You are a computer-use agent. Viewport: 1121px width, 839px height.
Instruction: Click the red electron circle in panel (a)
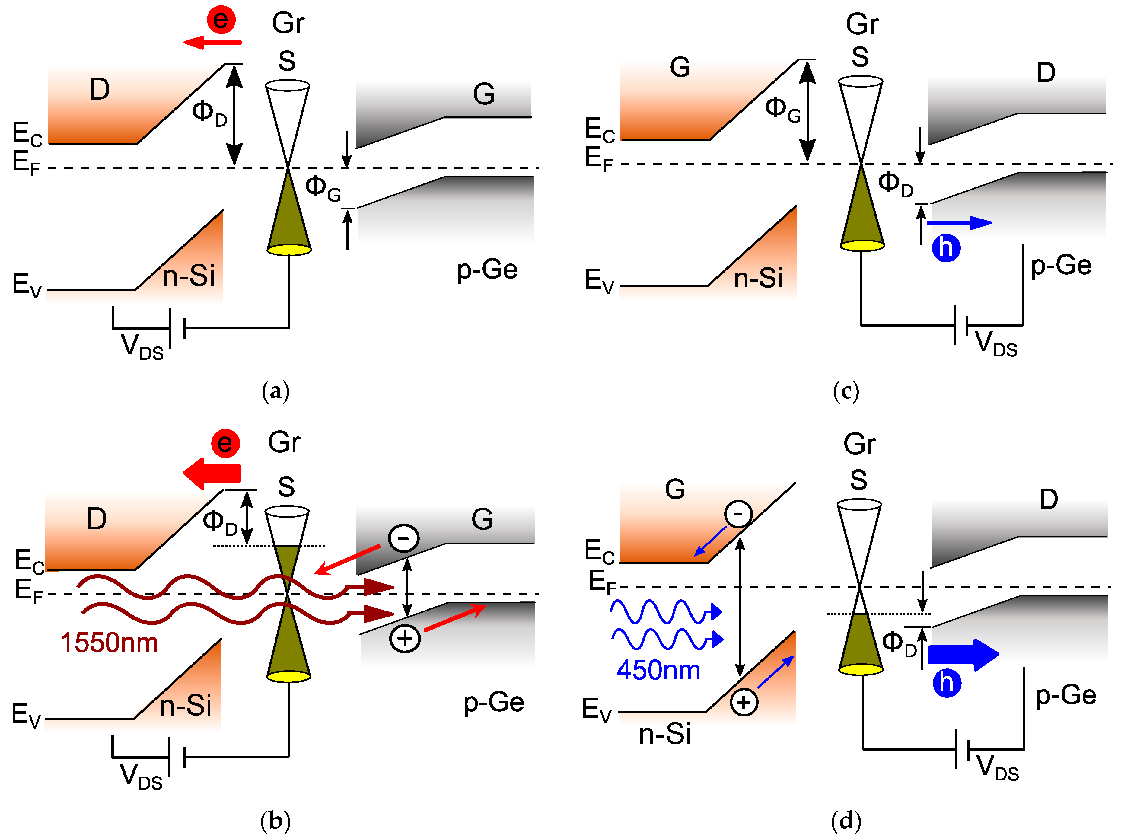point(221,20)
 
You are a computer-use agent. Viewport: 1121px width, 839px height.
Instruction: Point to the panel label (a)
point(276,391)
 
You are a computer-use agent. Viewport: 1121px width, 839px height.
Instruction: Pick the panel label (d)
point(846,820)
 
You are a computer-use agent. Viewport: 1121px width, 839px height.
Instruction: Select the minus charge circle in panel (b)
point(403,538)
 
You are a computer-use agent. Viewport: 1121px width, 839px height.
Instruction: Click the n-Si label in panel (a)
point(189,276)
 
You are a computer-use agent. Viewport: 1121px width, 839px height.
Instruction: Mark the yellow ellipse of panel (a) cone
point(289,249)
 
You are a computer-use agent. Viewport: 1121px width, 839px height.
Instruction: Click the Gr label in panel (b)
point(284,442)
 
